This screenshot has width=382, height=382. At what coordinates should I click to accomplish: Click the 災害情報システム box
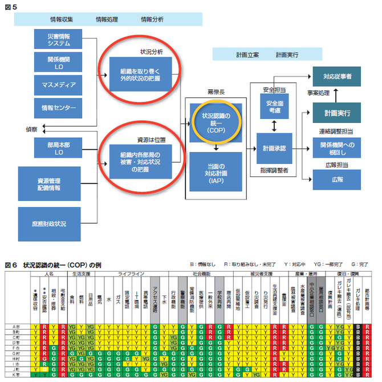59,40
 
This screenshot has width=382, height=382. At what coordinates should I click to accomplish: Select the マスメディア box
59,85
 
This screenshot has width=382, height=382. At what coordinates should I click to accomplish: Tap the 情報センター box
59,108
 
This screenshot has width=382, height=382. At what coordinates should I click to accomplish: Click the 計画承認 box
275,148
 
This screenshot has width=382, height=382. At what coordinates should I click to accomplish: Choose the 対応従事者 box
337,76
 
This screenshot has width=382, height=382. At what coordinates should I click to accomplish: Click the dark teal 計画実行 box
337,113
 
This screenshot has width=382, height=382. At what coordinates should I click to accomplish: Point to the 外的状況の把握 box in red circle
140,72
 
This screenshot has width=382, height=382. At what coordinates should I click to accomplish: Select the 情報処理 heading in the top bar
107,19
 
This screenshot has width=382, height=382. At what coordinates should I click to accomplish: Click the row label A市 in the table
17,327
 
